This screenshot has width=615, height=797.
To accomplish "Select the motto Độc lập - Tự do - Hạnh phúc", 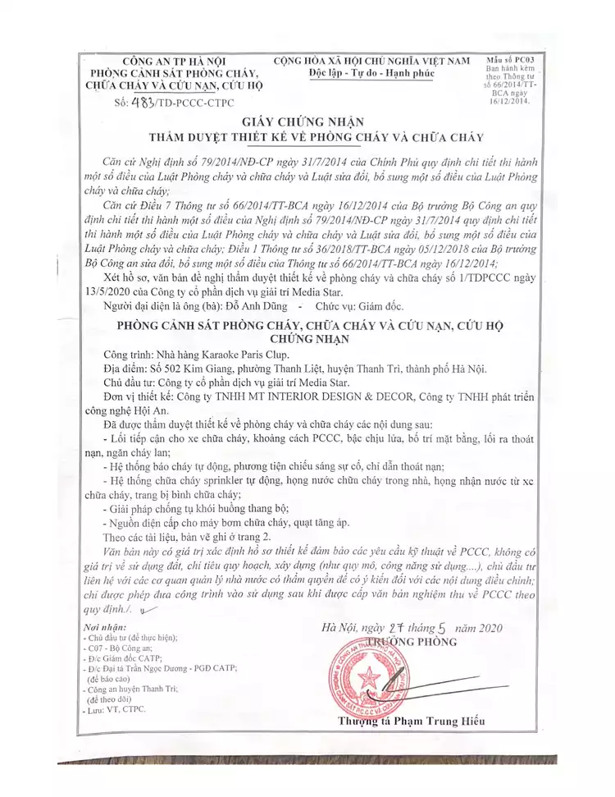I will (372, 74).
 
